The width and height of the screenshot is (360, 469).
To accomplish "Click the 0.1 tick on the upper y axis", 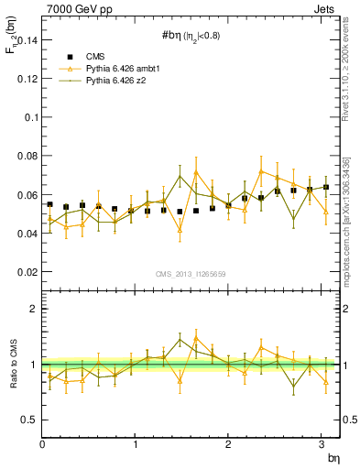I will point(28,118).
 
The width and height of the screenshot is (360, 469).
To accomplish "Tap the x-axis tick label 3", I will point(321,444).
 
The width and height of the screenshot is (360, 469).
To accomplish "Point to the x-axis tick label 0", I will point(42,444).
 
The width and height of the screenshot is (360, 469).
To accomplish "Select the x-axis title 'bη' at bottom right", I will point(333,457).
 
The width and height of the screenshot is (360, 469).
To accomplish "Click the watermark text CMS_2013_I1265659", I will point(191,273).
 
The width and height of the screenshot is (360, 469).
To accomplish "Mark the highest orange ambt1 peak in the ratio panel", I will point(196,337).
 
